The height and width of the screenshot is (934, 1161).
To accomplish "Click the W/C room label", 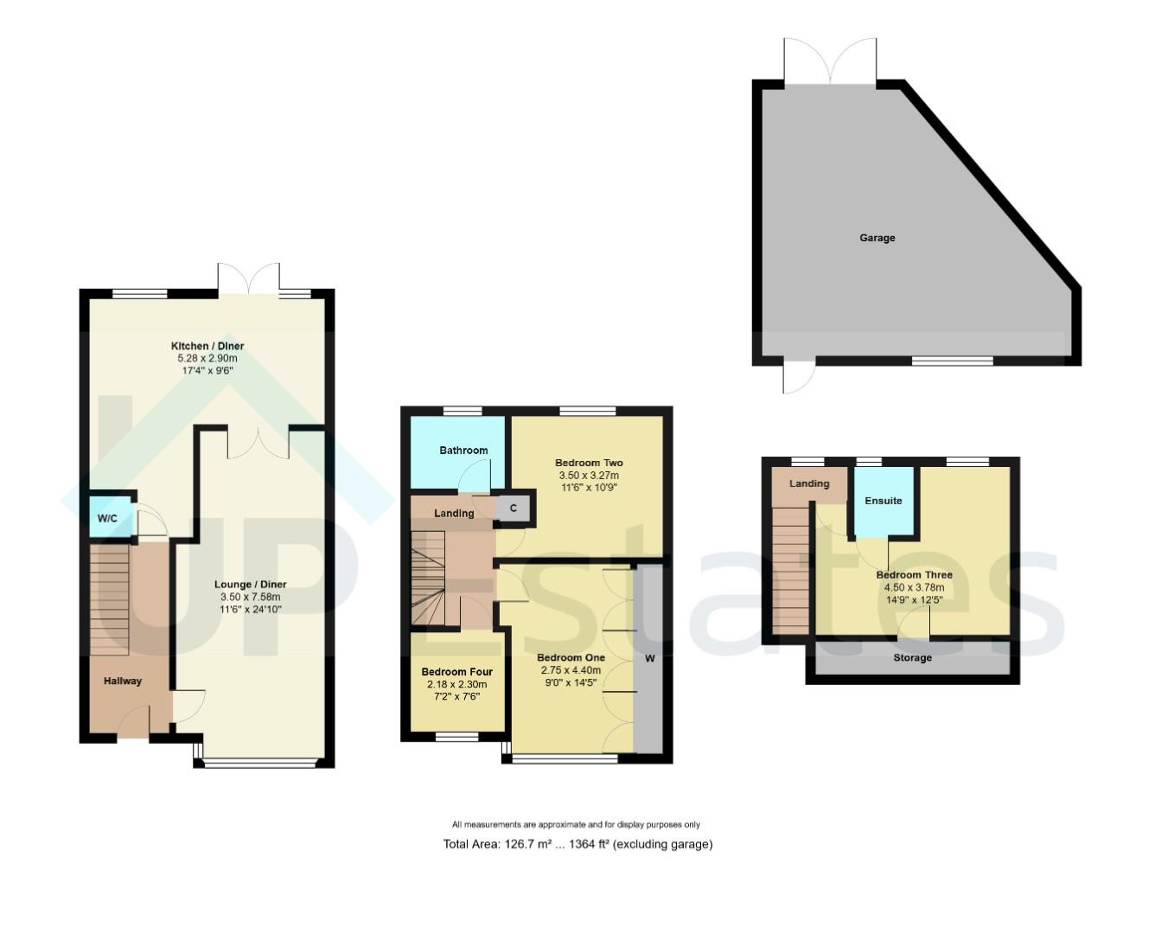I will click(x=107, y=519).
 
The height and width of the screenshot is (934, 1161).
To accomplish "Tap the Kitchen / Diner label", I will click(x=207, y=346).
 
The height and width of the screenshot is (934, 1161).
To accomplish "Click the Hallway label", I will click(x=123, y=681).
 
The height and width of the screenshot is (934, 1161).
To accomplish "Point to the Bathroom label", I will click(x=463, y=451).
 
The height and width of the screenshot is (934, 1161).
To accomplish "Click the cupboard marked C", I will click(x=514, y=509).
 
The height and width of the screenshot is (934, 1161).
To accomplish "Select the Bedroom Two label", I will click(x=589, y=464).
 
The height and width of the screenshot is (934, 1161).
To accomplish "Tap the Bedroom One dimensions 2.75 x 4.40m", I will click(x=571, y=670).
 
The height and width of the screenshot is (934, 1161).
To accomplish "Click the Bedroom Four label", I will click(x=457, y=672).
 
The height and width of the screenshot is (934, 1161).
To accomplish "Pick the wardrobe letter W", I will click(x=650, y=659).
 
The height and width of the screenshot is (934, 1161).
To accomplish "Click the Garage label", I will click(x=877, y=238).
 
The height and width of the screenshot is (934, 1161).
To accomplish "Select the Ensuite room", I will click(x=884, y=502).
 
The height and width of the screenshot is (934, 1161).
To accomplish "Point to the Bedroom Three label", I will click(x=914, y=575).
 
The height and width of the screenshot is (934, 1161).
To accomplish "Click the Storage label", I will click(x=912, y=658).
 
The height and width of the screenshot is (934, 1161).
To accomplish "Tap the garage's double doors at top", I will click(x=830, y=62).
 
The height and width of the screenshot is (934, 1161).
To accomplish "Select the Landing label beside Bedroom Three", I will click(x=809, y=484).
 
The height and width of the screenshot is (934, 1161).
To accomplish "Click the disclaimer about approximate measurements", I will click(x=576, y=825).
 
